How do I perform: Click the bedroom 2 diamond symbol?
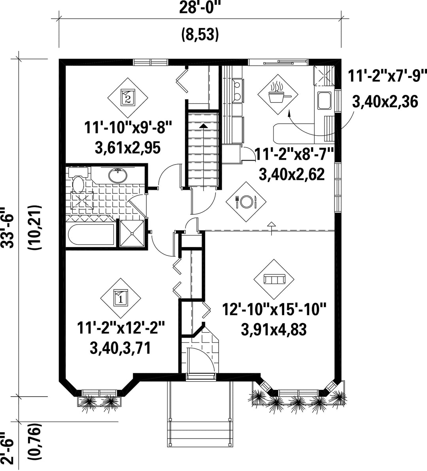(x=128, y=98)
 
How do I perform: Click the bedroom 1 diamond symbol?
(x=121, y=298)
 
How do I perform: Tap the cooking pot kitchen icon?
(x=278, y=95)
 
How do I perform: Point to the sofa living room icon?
(x=274, y=280)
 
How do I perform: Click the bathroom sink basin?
(x=118, y=175)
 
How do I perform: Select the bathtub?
(x=91, y=235)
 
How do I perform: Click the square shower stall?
(x=132, y=233)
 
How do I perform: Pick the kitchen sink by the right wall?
(x=324, y=100)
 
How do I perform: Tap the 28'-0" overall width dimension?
(x=199, y=8)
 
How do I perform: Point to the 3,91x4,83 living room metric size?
(x=274, y=329)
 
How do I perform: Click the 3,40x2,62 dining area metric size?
(x=291, y=174)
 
